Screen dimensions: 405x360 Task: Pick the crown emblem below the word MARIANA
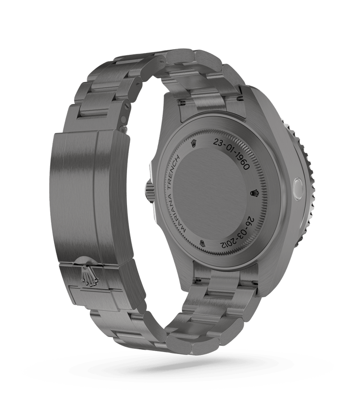[202, 242]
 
